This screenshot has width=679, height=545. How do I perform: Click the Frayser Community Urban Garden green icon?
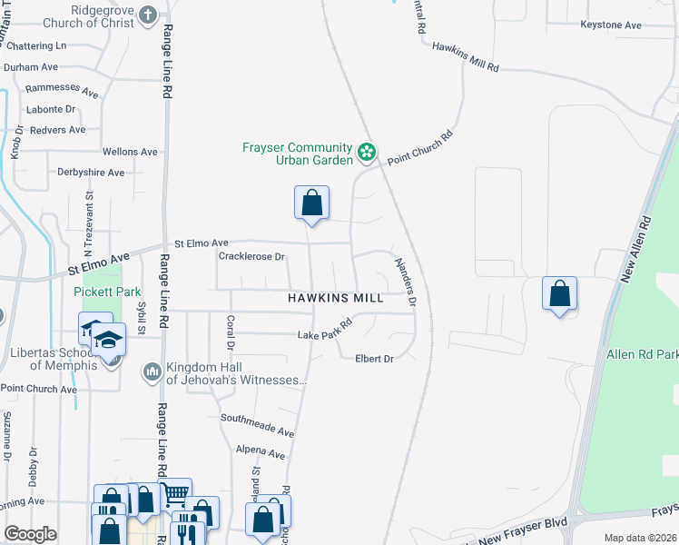coord(367,153)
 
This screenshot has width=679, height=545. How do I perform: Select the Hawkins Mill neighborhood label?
coord(336,297)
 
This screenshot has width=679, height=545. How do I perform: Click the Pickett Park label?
coord(107,292)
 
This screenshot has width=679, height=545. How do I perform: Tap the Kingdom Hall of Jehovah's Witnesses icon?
coord(151,372)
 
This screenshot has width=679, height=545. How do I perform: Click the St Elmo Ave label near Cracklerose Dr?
coord(201,243)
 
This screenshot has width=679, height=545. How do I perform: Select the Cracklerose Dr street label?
coord(251,257)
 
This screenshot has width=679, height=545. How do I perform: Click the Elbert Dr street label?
coord(374,359)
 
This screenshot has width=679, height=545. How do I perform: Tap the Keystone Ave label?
coord(610,25)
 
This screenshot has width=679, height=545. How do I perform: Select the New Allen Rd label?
coord(635,249)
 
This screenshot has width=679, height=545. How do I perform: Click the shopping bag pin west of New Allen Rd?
coord(560,294)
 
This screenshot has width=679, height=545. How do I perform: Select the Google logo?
coord(30,534)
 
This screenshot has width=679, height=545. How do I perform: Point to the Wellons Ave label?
coord(130,152)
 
